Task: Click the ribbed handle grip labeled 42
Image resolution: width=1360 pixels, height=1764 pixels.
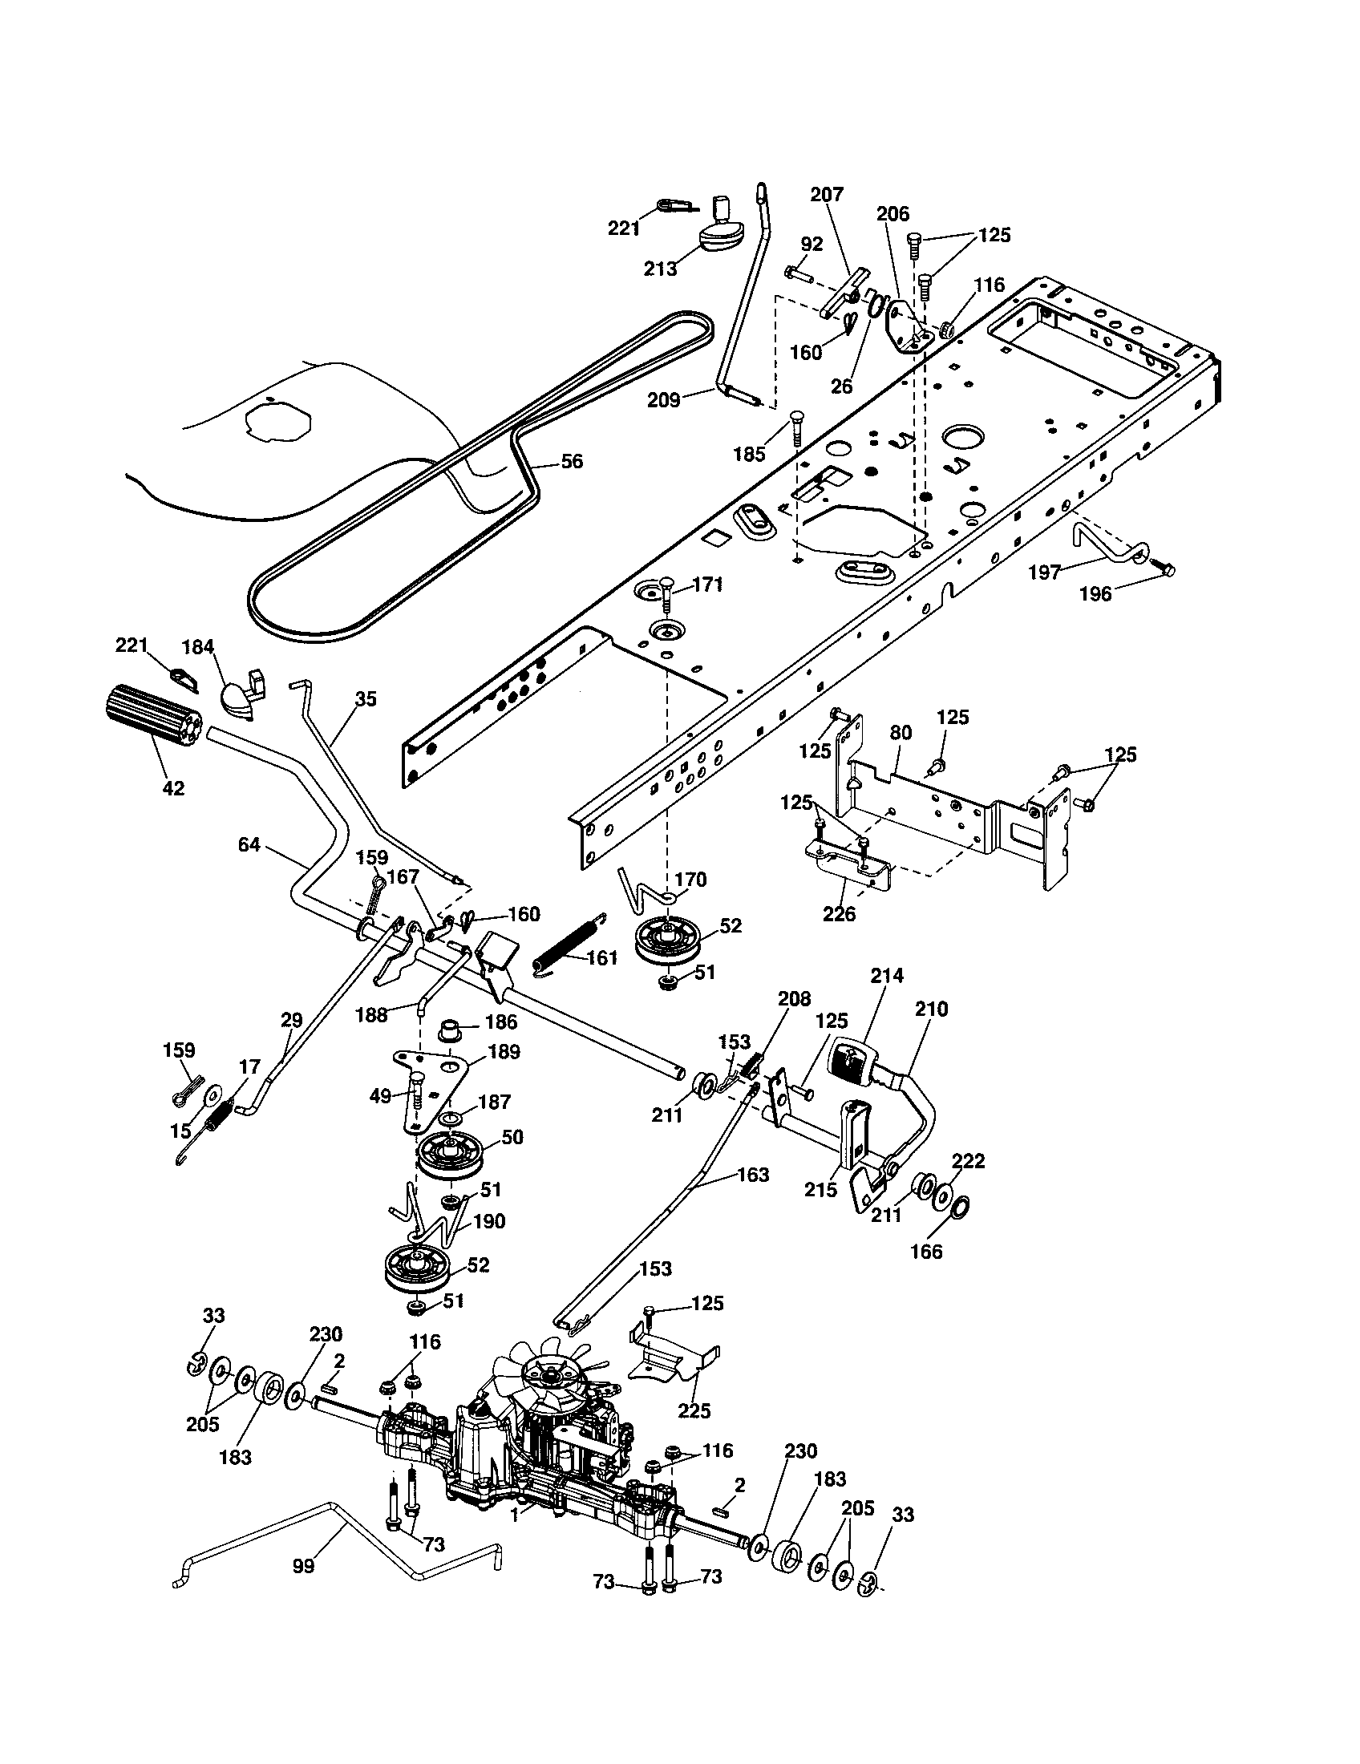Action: (x=153, y=719)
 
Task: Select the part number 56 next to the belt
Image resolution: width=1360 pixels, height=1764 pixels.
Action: (x=571, y=461)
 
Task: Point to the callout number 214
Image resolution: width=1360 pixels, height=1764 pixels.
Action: (x=886, y=975)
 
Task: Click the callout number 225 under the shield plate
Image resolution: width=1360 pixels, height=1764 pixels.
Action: (x=694, y=1410)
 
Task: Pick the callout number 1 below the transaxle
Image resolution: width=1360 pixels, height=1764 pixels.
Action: (x=516, y=1516)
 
